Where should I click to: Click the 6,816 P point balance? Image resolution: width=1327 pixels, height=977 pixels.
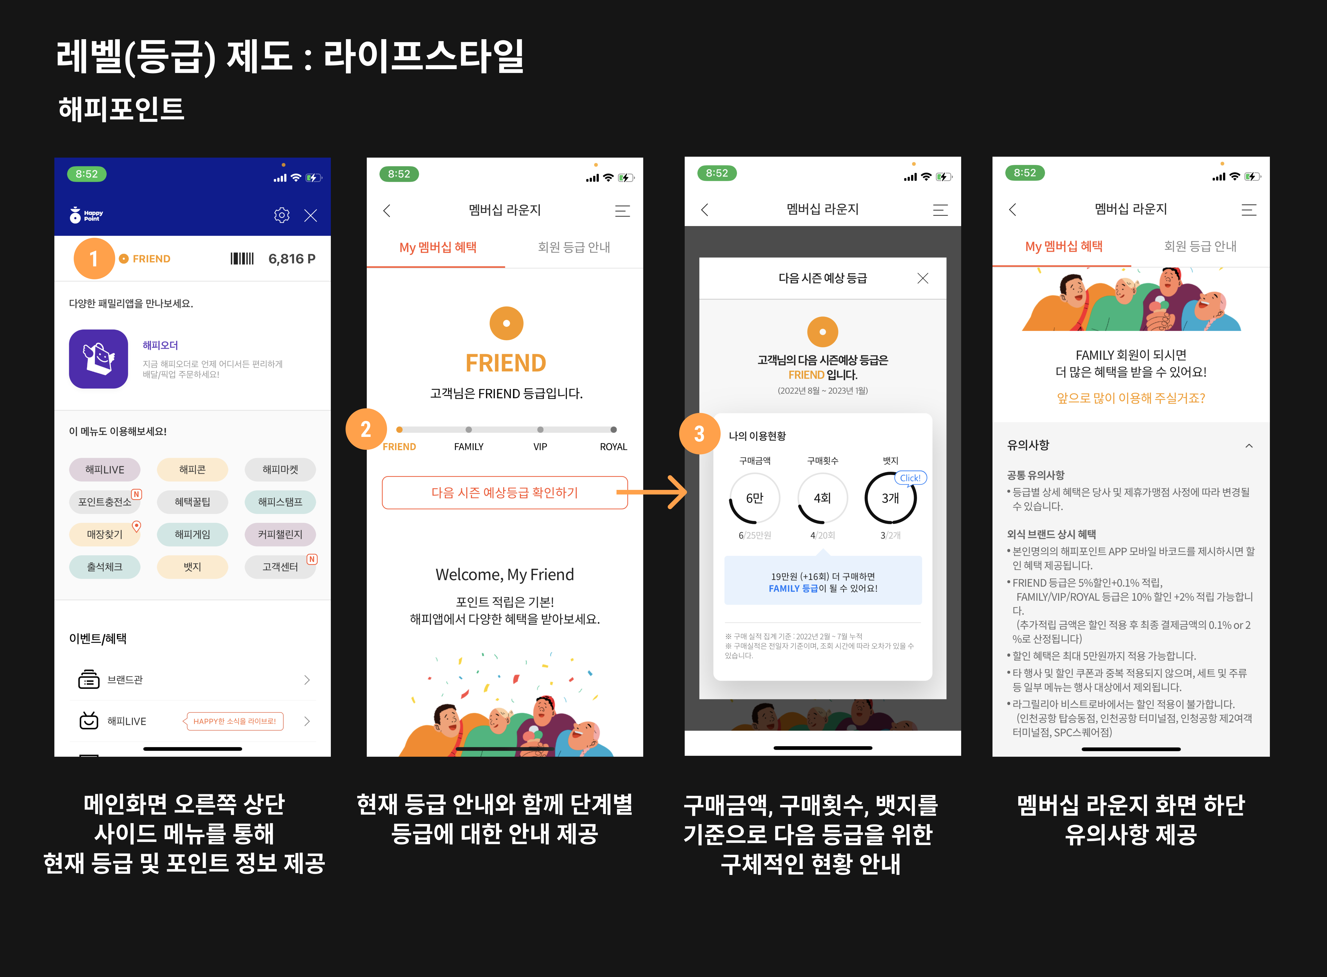(291, 259)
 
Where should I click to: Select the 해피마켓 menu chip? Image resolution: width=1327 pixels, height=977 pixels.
(280, 470)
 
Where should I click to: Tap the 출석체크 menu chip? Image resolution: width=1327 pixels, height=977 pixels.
(105, 567)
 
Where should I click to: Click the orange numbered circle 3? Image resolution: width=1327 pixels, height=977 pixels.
(700, 433)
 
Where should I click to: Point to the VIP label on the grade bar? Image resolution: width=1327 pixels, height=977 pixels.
(540, 447)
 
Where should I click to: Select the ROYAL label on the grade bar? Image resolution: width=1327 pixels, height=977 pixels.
(613, 447)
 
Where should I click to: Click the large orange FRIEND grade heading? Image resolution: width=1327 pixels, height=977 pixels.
(506, 363)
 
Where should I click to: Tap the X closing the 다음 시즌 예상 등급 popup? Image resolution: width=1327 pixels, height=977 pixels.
(922, 278)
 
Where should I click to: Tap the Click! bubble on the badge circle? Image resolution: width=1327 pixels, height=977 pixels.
(910, 478)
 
